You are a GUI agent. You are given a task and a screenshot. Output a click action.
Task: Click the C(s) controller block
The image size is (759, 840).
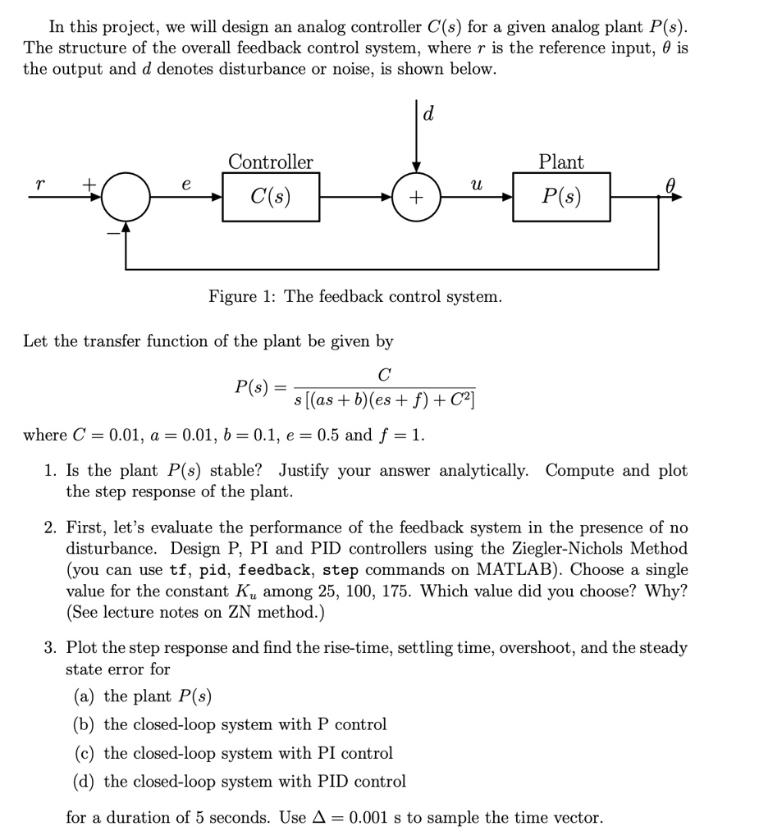[270, 198]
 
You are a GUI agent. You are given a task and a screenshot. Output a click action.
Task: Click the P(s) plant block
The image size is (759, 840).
[561, 198]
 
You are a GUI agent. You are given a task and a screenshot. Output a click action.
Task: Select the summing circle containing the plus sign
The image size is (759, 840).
[416, 198]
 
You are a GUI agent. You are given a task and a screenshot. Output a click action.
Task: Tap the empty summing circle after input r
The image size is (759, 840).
[126, 198]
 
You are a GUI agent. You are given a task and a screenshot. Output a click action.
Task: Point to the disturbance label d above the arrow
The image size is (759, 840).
[428, 115]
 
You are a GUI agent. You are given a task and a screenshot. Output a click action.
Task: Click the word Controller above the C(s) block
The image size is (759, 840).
[270, 162]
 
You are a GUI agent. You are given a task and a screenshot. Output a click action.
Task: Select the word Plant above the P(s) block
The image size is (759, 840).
[561, 162]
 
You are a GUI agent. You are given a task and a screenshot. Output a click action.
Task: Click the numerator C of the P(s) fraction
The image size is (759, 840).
[384, 375]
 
